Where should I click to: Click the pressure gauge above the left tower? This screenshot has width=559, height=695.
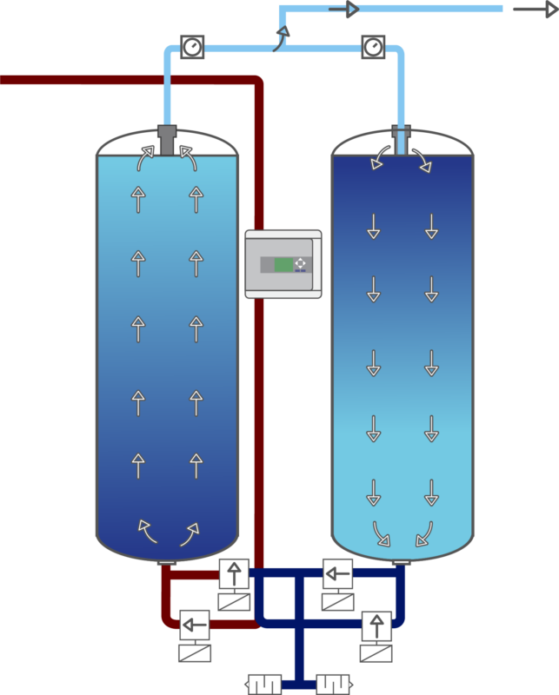point(192,46)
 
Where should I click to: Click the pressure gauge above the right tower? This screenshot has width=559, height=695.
point(373,46)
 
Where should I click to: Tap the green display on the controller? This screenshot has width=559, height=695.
point(283,264)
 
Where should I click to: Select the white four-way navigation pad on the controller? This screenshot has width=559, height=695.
point(301,264)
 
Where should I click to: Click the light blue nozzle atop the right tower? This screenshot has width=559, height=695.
point(400,138)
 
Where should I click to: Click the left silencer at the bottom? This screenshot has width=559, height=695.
point(263,683)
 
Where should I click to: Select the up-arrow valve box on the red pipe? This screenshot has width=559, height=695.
point(233,573)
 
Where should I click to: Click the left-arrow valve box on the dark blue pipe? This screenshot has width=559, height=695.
point(337,573)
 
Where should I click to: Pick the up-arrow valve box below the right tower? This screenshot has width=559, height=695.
point(376,623)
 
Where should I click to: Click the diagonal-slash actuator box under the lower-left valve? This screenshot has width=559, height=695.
point(196,652)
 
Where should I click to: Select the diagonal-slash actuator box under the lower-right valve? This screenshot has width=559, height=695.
point(376,652)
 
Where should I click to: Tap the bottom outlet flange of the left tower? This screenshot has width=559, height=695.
point(168,563)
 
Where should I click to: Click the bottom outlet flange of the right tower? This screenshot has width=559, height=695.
point(400,563)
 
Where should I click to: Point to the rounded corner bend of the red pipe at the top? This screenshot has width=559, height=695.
point(256,84)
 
